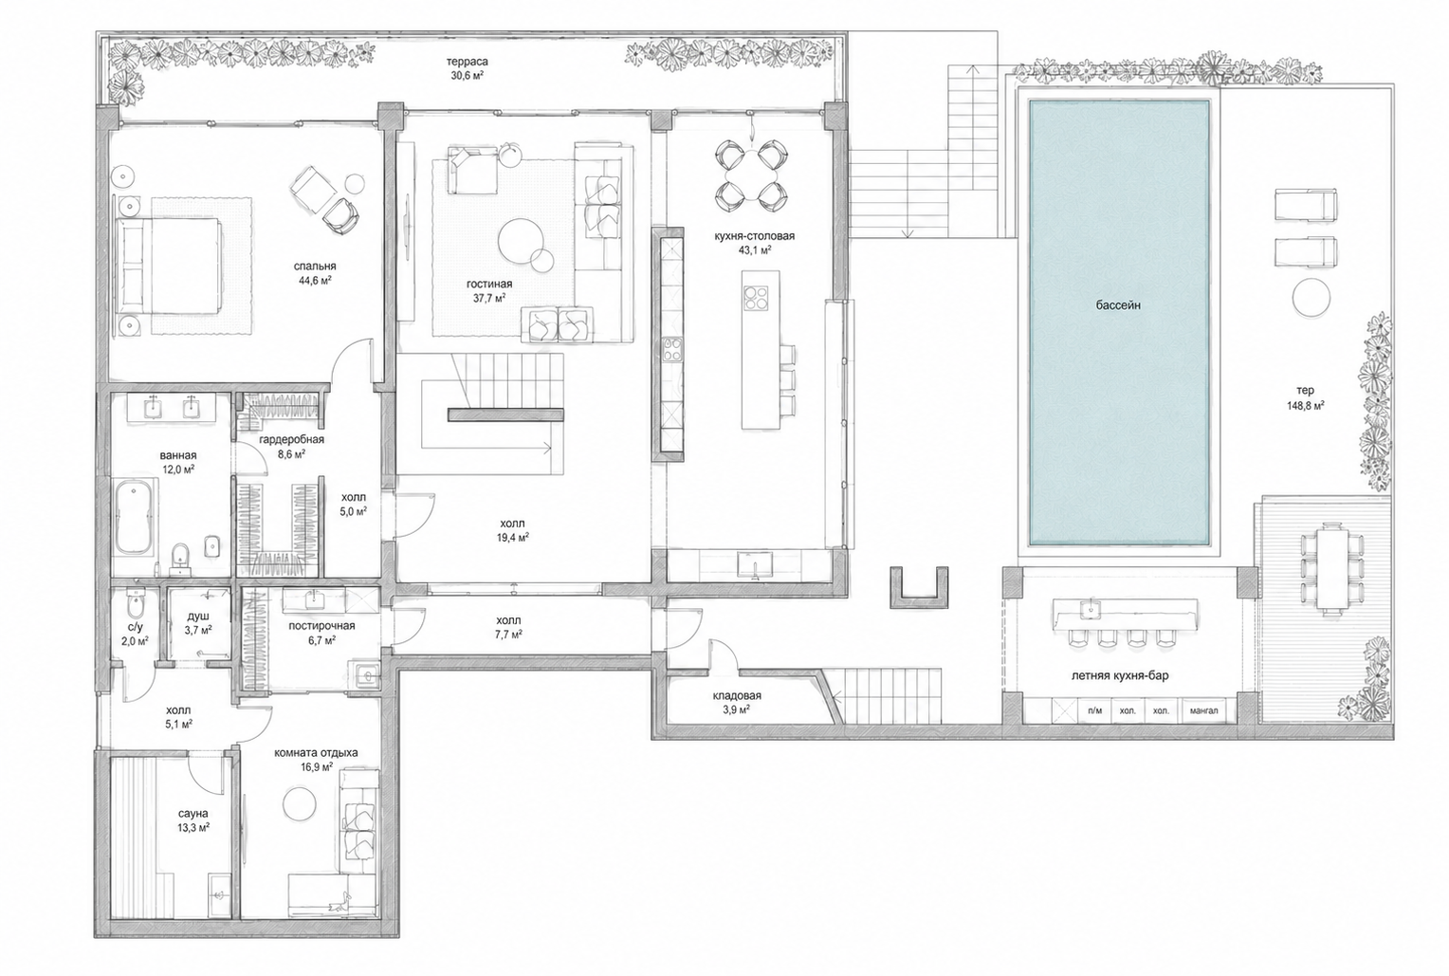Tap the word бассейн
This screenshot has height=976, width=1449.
pos(1118,305)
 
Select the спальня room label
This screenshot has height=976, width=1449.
pos(315,267)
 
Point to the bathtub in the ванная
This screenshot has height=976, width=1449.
pos(135,516)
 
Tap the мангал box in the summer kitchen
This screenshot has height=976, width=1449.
pos(1203,710)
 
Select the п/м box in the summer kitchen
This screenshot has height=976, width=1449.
pos(1094,710)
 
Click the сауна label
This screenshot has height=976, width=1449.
pos(193,814)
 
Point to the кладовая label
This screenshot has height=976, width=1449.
pos(737,696)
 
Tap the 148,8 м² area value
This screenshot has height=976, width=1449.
pos(1305,406)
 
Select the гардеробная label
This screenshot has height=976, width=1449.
pos(292,439)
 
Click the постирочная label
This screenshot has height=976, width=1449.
pos(321,626)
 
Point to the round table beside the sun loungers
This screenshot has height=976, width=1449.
pos(1311,297)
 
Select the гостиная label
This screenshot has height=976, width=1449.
pos(489,285)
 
